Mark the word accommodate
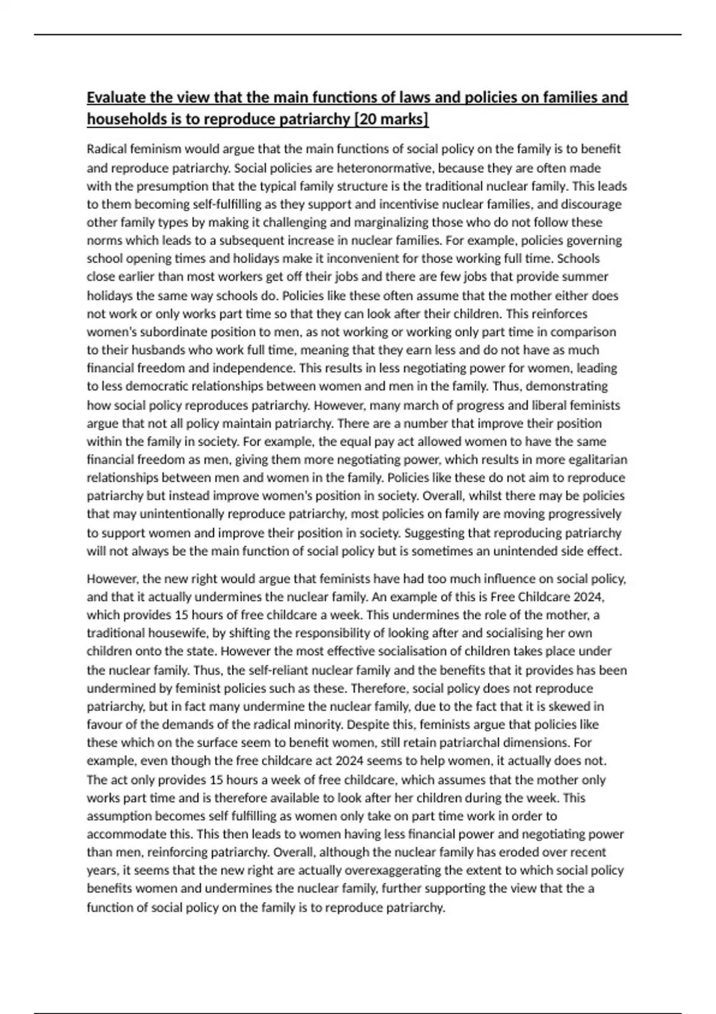(123, 834)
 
